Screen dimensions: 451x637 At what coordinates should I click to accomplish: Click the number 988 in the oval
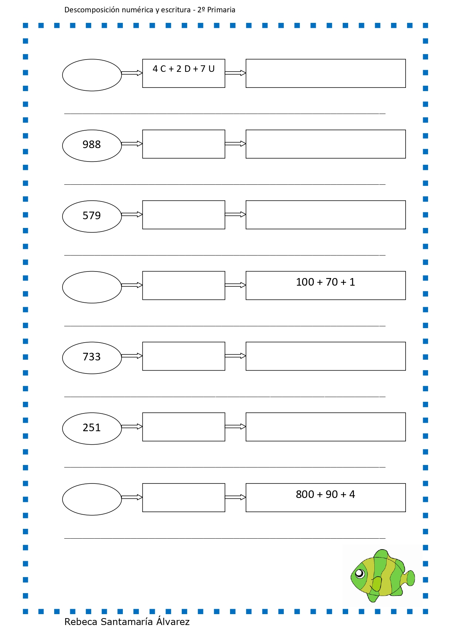click(92, 144)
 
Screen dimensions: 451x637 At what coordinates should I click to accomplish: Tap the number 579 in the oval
click(92, 216)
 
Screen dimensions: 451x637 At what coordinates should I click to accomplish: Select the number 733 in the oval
click(92, 357)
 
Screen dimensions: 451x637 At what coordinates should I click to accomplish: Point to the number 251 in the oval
click(92, 428)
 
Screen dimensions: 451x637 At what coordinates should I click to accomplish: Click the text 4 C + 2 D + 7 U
click(184, 69)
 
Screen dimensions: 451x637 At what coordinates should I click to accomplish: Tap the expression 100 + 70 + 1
click(325, 282)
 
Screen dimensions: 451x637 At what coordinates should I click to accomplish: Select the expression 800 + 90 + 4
click(325, 494)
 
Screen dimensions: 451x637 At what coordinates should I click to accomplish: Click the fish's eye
click(359, 573)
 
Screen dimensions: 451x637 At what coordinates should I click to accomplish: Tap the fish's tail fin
click(409, 578)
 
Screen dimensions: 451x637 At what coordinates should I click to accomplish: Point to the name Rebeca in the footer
click(81, 622)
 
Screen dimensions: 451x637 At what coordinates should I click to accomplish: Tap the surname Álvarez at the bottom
click(173, 621)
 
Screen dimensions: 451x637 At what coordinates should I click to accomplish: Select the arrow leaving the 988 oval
click(132, 144)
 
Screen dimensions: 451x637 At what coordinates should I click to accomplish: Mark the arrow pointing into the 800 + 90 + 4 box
click(235, 497)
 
